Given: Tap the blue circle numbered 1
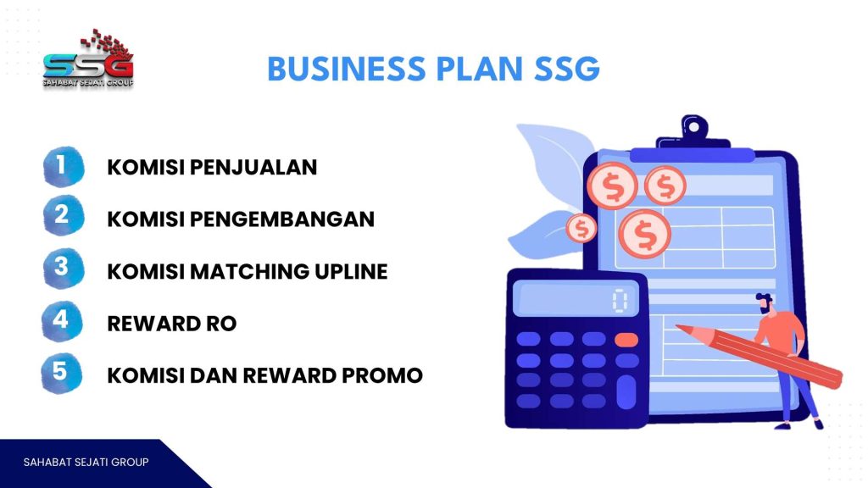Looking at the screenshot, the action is pos(63,166).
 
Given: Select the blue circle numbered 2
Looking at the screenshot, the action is pos(63,215).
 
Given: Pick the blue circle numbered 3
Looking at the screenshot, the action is pos(63,268).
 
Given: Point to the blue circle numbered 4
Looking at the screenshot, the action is pos(62,321).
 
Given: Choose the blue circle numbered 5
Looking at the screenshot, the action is pos(61,373).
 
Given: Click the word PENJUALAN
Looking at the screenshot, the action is pos(253,167).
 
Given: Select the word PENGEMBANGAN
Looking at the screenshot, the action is pos(282,219).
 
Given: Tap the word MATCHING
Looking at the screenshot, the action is pos(250,272).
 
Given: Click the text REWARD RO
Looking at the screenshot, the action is pos(171,324).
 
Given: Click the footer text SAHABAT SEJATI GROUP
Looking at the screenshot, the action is pos(86,462).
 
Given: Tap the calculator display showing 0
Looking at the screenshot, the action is pos(576,300).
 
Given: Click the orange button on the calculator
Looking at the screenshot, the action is pos(626,340).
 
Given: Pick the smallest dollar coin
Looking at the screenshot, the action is pos(581,228).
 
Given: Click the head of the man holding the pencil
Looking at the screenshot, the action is pos(765,303).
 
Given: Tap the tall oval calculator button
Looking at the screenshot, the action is pos(626,391).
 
